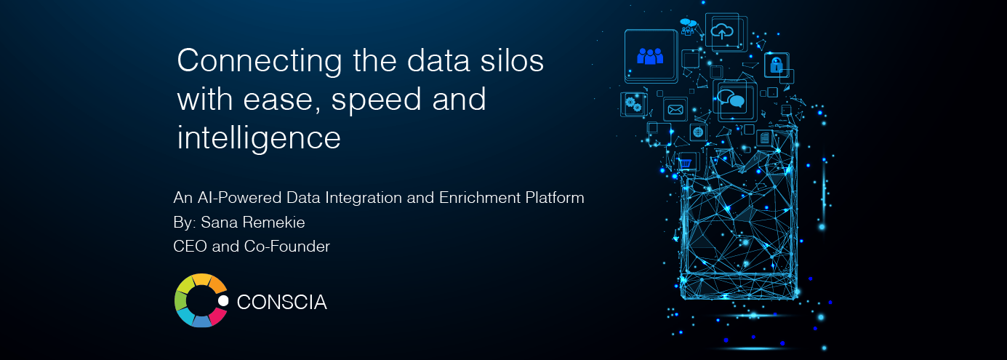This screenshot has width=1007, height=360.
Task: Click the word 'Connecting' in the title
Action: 260,61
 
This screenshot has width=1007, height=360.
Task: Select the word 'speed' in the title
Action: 377,100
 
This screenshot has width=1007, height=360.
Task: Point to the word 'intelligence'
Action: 259,138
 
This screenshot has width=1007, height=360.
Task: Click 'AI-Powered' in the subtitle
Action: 240,198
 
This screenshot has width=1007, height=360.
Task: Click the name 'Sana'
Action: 215,222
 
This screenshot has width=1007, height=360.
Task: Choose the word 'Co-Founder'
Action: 286,247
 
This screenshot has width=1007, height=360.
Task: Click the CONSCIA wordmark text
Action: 282,302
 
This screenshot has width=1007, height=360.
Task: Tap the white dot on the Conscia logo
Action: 223,300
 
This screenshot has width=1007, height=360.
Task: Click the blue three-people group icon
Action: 650,56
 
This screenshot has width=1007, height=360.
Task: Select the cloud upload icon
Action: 722,32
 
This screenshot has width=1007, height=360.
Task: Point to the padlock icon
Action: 777,65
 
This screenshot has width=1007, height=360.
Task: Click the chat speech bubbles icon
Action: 731,98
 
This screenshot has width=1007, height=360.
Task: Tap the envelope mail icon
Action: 675,110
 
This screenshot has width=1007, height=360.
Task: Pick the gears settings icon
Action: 633,104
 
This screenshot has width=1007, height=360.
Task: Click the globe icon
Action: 698,132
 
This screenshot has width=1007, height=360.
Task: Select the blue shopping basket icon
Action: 685,163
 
